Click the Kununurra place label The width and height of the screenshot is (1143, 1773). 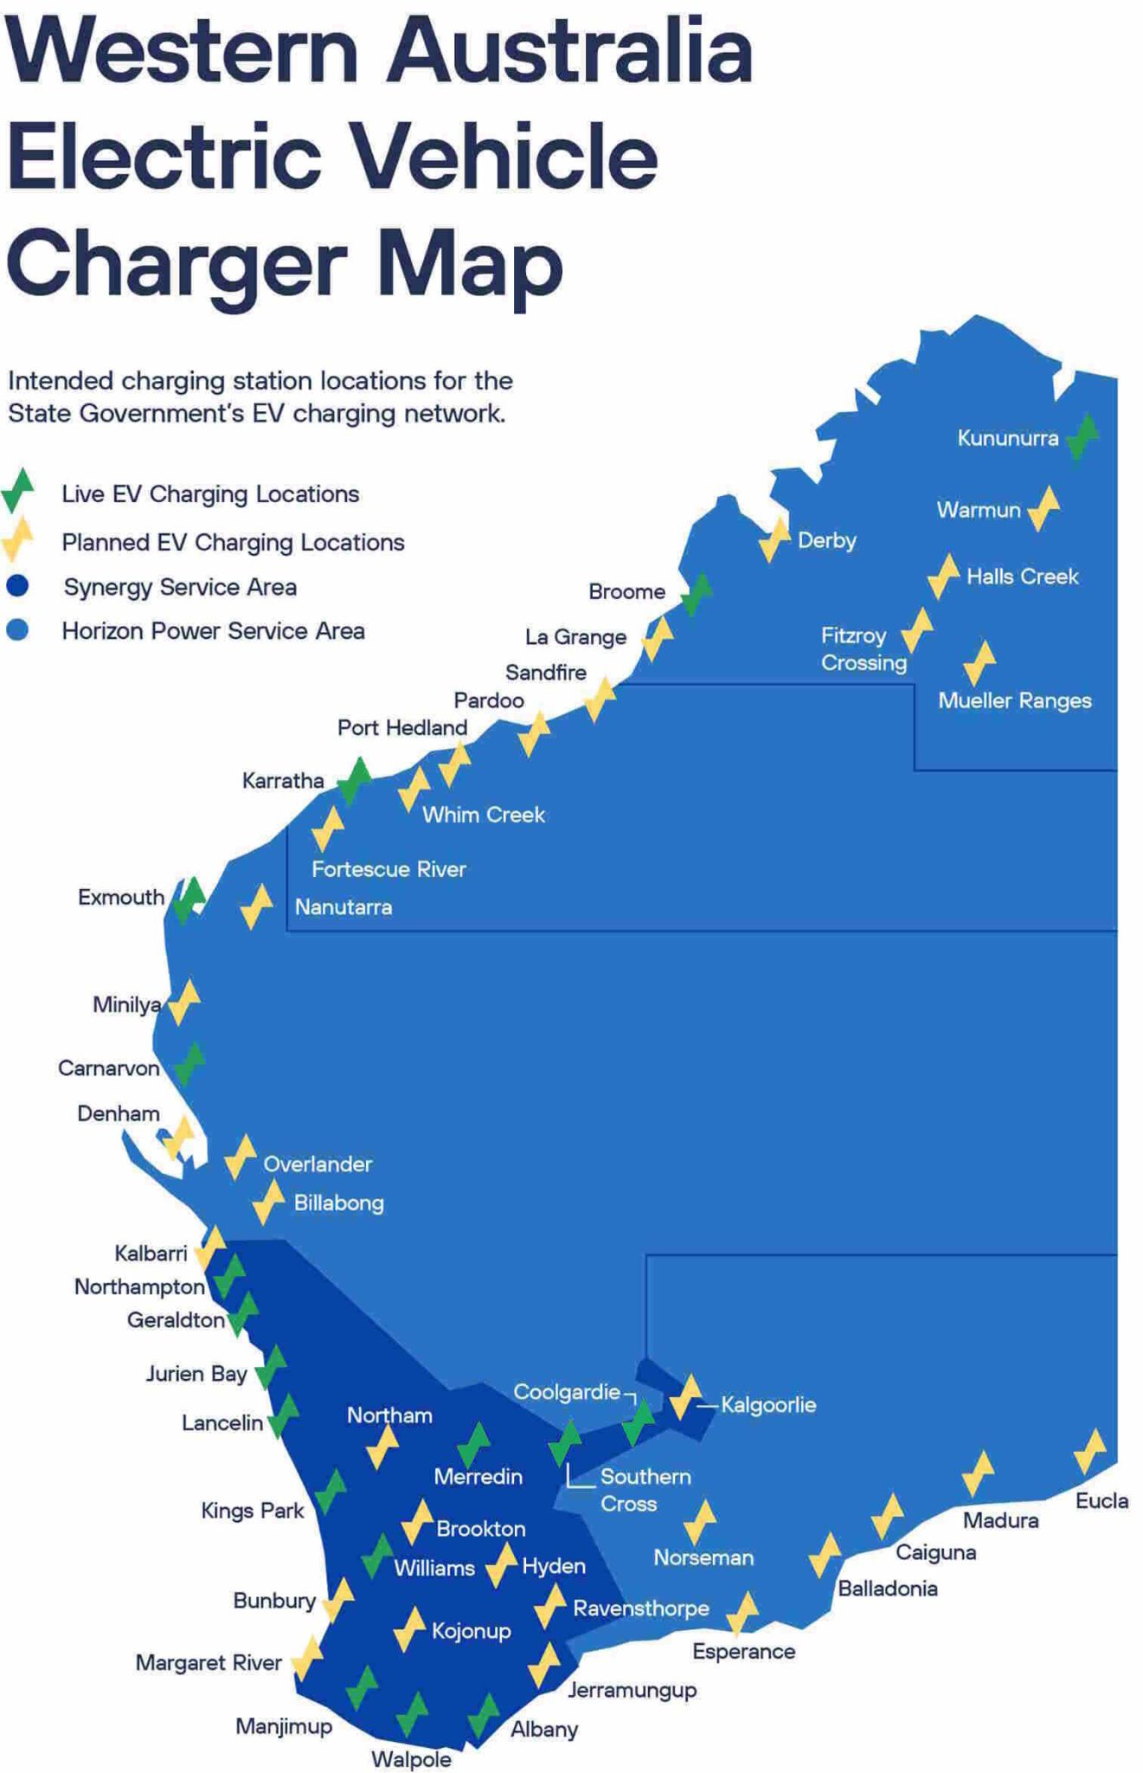pos(1007,438)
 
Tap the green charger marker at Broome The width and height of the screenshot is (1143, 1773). pos(696,594)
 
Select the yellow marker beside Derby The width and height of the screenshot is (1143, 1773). pos(774,540)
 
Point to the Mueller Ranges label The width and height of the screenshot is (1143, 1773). pos(1014,700)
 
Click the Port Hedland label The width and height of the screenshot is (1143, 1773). pos(402,727)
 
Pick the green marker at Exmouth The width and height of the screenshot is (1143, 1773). pos(188,899)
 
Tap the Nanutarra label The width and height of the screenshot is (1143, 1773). pos(344,907)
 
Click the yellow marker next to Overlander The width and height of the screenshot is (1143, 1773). pos(240,1157)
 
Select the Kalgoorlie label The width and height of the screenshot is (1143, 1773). pos(768,1404)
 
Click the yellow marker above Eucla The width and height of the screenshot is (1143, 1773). pos(1089,1451)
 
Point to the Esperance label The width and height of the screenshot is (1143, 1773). pos(743,1651)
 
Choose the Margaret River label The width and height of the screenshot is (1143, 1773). pos(209,1662)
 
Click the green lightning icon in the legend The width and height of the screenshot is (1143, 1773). pos(17,490)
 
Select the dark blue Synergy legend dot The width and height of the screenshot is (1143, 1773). pos(17,586)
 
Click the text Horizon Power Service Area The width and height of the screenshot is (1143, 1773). pos(213,631)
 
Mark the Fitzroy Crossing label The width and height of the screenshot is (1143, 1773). pos(863,648)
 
